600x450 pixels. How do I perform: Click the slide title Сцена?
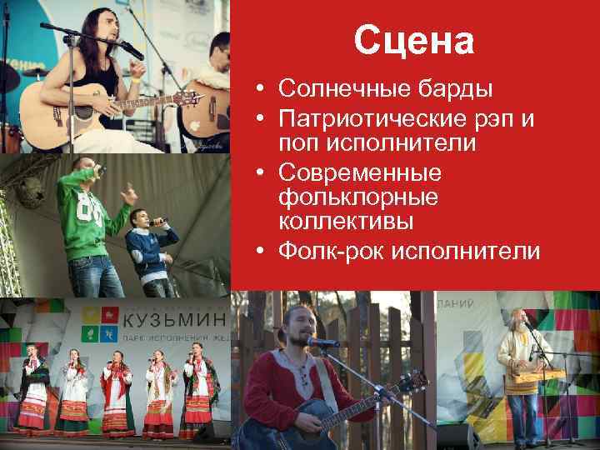[x=413, y=39]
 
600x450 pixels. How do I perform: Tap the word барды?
[x=452, y=88]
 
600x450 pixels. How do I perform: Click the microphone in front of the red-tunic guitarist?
[x=319, y=342]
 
